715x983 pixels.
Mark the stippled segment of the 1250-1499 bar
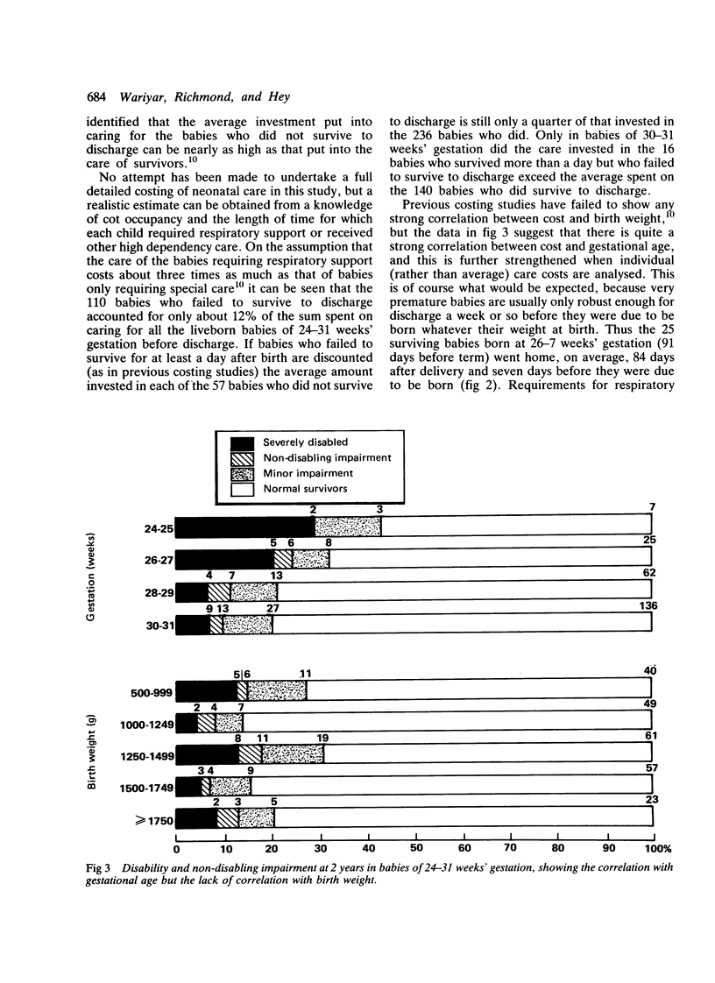[293, 753]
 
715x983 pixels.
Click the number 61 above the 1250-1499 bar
[650, 736]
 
